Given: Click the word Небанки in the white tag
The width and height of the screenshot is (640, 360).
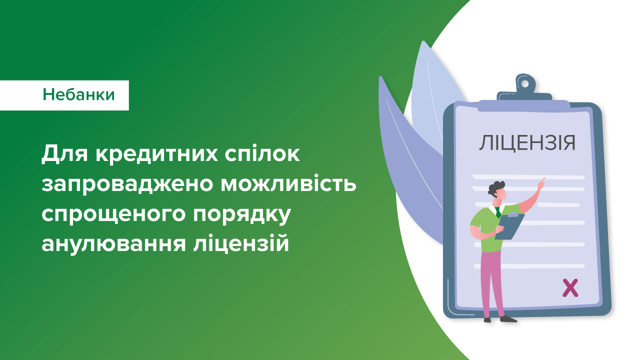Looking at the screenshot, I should point(78,94).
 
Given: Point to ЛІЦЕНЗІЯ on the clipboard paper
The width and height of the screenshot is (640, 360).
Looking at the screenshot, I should point(527,142).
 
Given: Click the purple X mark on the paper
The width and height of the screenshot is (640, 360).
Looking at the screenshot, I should point(570,288).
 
